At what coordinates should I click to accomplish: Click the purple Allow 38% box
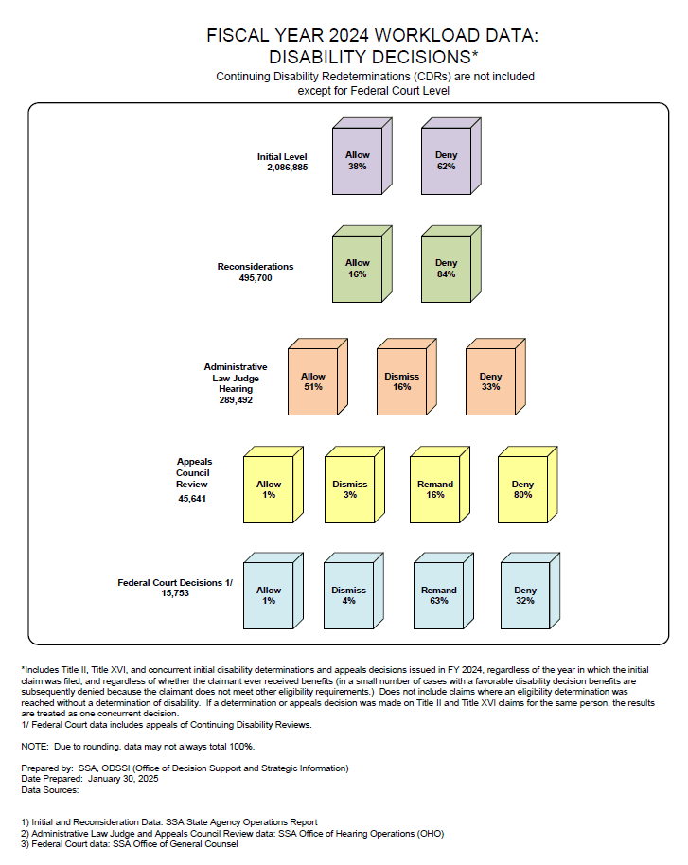point(362,156)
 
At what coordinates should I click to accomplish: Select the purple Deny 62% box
point(451,156)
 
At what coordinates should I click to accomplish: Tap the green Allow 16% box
point(362,264)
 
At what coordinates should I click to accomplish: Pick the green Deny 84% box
point(451,264)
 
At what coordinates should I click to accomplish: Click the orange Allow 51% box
point(318,377)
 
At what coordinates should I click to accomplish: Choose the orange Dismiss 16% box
point(407,377)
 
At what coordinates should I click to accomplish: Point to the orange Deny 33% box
point(496,377)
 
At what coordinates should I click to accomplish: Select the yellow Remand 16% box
point(440,485)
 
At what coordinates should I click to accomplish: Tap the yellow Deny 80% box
point(527,485)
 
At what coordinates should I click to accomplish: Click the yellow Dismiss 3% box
point(355,485)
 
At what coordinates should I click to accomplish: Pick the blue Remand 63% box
point(444,591)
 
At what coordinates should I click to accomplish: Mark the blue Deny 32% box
point(530,591)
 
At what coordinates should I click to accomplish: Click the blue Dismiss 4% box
point(354,591)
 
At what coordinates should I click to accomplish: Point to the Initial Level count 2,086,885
point(288,168)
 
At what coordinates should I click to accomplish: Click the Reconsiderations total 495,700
point(256,278)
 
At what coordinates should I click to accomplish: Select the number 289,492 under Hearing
point(236,400)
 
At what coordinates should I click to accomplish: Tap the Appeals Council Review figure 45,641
point(192,499)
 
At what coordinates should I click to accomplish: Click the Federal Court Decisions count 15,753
point(175,593)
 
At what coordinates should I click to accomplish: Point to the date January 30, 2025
point(123,779)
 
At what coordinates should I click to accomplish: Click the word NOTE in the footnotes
point(35,747)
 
